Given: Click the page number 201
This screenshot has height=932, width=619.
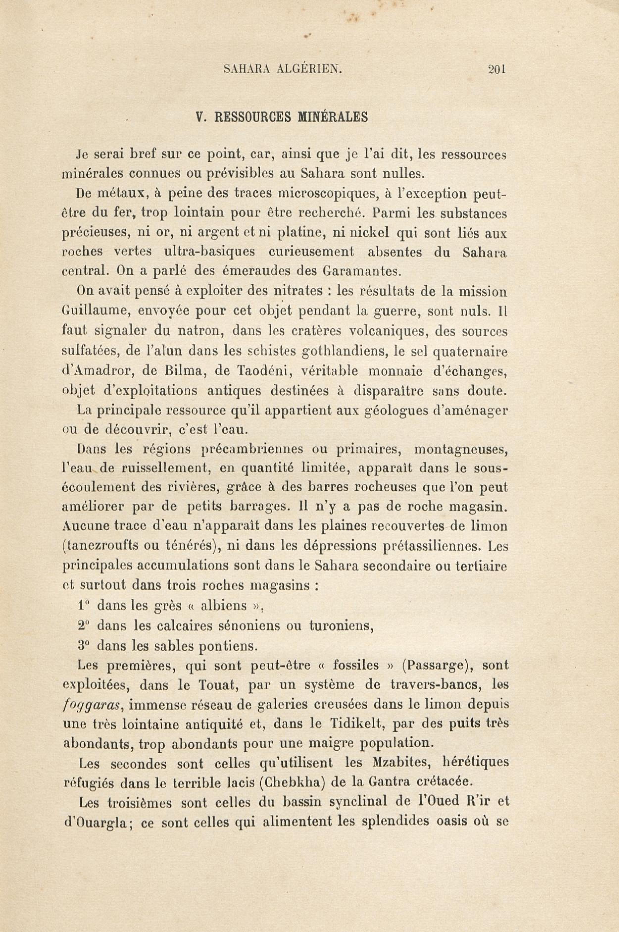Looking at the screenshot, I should (x=497, y=70).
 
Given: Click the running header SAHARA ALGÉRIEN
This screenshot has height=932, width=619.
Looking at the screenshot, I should (x=282, y=70).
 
